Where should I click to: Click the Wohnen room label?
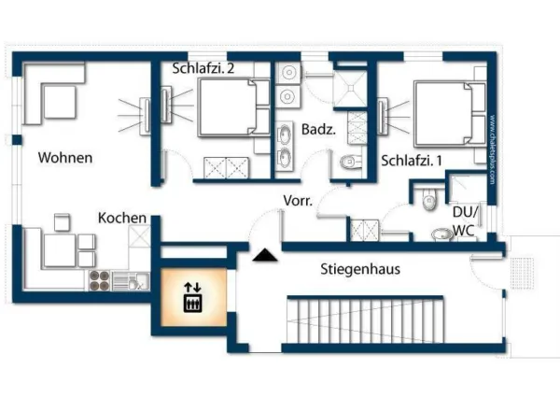(x=65, y=158)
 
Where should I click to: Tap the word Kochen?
(x=122, y=218)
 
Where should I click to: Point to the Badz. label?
(x=317, y=128)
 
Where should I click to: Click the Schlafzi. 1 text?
(x=412, y=161)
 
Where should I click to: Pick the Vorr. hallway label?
(x=298, y=201)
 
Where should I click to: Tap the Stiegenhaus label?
(x=360, y=269)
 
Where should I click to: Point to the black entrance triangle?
(x=264, y=254)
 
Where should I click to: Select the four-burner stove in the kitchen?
(x=100, y=279)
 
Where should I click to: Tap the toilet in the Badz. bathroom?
(x=349, y=162)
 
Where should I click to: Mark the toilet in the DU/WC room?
(x=428, y=199)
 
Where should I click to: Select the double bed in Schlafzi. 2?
(x=225, y=108)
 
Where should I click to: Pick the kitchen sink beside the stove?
(x=136, y=279)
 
